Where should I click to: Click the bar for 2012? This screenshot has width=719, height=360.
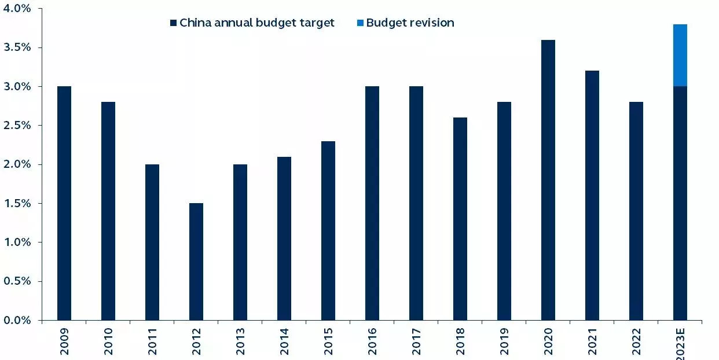pyautogui.click(x=196, y=262)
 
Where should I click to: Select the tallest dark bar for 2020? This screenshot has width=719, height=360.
pyautogui.click(x=548, y=180)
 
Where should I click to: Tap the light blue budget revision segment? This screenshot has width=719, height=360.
pyautogui.click(x=680, y=56)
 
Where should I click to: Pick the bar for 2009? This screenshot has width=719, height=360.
pyautogui.click(x=64, y=203)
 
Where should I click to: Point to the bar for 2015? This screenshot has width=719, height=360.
pyautogui.click(x=328, y=230)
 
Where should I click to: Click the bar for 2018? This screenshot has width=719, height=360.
pyautogui.click(x=460, y=219)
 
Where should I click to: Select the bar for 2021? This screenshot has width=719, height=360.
pyautogui.click(x=592, y=196)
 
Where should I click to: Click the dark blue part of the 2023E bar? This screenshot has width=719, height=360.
pyautogui.click(x=680, y=203)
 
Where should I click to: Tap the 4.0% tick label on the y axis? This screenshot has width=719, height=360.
pyautogui.click(x=18, y=9)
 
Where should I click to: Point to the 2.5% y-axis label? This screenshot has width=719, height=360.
pyautogui.click(x=18, y=126)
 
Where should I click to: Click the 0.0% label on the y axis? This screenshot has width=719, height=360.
pyautogui.click(x=18, y=320)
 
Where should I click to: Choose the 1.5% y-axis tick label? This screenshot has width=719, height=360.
pyautogui.click(x=18, y=203)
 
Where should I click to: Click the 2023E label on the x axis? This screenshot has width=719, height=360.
pyautogui.click(x=681, y=343)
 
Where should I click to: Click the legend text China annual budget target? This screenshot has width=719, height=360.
pyautogui.click(x=257, y=23)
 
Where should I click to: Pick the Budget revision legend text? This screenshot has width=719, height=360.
pyautogui.click(x=410, y=23)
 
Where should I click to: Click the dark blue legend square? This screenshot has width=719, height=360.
pyautogui.click(x=173, y=23)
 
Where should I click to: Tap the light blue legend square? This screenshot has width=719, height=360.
pyautogui.click(x=360, y=23)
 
